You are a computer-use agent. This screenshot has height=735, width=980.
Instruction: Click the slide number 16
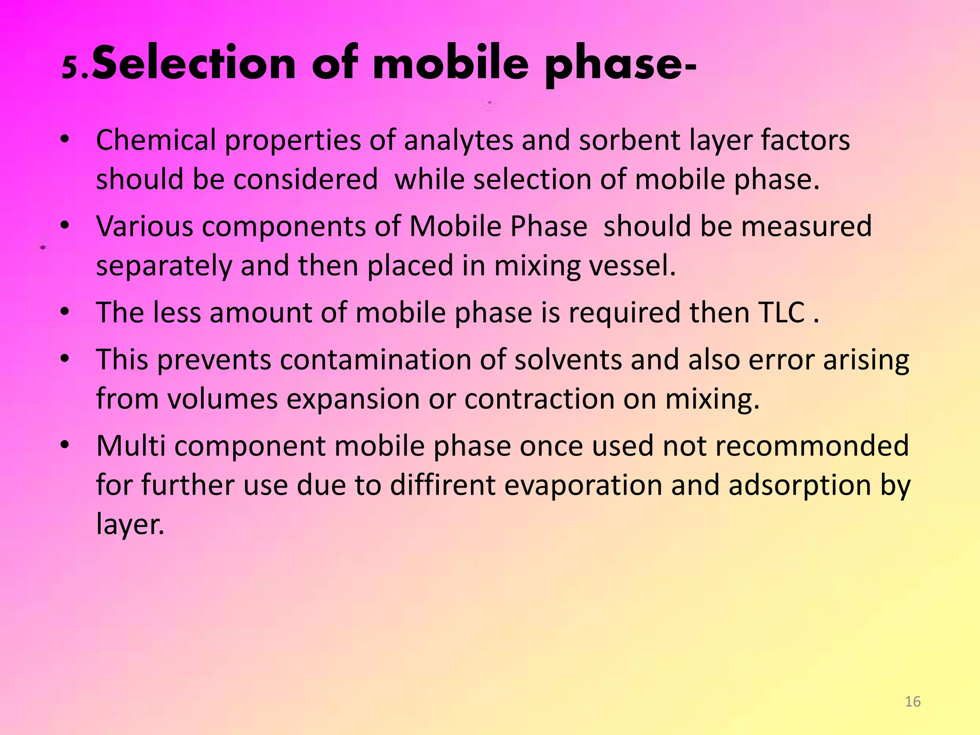pyautogui.click(x=913, y=702)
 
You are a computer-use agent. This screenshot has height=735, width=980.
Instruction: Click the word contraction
pyautogui.click(x=539, y=399)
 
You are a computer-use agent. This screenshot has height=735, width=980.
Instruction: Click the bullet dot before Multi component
pyautogui.click(x=65, y=445)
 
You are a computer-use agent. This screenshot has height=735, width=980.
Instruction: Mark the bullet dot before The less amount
pyautogui.click(x=65, y=312)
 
